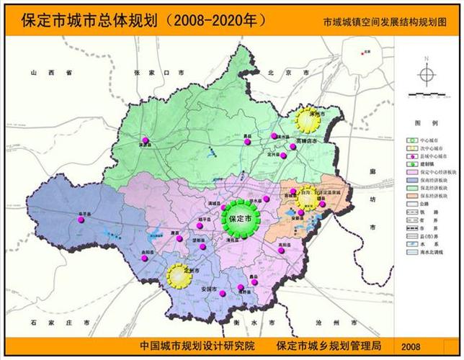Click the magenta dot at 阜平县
click(x=80, y=221)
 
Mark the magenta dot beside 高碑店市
click(x=293, y=147)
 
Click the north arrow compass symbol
click(x=426, y=74)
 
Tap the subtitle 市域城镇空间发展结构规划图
click(x=389, y=22)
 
